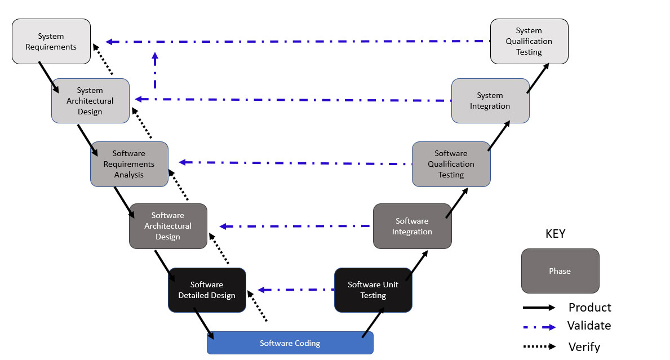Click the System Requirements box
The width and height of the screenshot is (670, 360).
pos(51,41)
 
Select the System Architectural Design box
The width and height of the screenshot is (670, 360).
pos(90,100)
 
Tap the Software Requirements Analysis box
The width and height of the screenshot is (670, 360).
pos(129,164)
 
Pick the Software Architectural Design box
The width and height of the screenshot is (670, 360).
pos(168,226)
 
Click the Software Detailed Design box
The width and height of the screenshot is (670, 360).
pos(207,290)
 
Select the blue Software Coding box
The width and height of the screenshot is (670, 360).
pos(290,343)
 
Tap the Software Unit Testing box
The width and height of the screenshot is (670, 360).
pos(373,290)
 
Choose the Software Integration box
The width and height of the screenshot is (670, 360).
pos(412,226)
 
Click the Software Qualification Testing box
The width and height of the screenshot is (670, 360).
pos(451,164)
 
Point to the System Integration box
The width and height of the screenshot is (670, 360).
pos(490,100)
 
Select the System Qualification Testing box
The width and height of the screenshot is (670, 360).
pos(529,41)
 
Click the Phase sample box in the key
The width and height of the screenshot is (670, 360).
pos(560,271)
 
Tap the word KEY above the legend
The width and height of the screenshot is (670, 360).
pos(555,234)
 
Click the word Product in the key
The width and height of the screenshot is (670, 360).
pos(589,308)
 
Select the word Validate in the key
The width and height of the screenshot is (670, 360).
pos(589,326)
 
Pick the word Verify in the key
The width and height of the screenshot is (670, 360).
pos(584,347)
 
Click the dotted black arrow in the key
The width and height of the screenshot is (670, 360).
pos(539,346)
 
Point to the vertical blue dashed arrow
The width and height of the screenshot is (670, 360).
pos(155,70)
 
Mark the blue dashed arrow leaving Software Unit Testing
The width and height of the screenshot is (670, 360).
pos(293,290)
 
